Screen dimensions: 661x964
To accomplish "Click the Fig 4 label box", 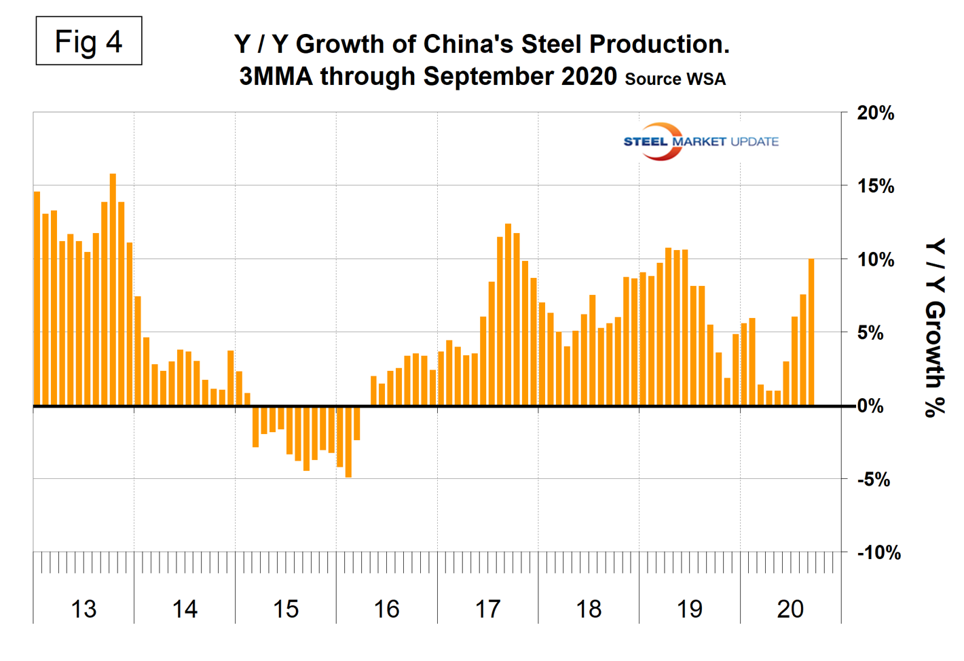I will coord(89,41).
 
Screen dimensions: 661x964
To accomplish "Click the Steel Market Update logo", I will coord(700,141).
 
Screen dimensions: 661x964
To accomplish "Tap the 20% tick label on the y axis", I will coord(875,113).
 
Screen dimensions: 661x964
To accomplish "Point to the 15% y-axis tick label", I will coord(875,186).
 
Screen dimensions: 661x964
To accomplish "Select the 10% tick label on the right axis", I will coord(875,260).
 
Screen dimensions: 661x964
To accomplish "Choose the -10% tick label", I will coord(878,552).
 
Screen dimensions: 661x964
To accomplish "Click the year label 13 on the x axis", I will coord(84,609).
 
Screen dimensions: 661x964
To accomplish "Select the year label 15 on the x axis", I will coord(286,609).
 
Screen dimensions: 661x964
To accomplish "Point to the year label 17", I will coord(487,609).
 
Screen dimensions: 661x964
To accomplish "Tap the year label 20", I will coord(790,609).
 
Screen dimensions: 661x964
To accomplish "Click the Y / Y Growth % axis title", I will coord(935,327).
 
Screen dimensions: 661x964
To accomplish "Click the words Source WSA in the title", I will coord(675,79).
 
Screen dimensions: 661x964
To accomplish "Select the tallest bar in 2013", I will coord(113,290).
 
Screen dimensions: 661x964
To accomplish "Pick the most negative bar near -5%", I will coord(348,442).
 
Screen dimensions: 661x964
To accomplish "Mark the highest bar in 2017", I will coord(508,315).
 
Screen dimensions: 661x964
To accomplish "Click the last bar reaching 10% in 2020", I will coord(811,332).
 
